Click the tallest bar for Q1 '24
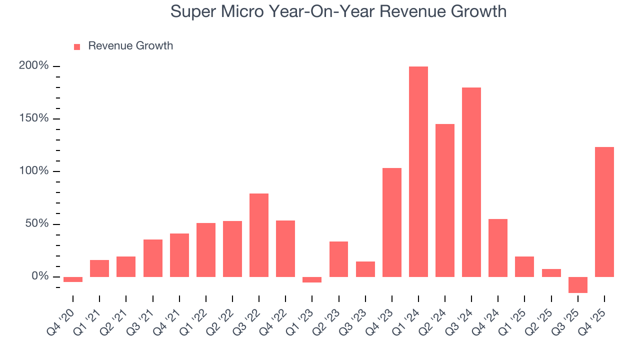coord(418,171)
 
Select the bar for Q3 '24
coord(471,182)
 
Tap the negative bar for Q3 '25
coord(578,284)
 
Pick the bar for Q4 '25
coord(604,211)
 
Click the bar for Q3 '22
coord(259,235)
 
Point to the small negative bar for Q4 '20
coord(73,279)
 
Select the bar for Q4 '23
coord(392,222)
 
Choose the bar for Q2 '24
coord(445,200)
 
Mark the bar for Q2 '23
coord(338,259)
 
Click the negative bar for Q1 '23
coord(312,279)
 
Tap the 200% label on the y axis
coord(33,66)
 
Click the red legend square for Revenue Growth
coord(77,46)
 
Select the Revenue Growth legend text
coord(130,46)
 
